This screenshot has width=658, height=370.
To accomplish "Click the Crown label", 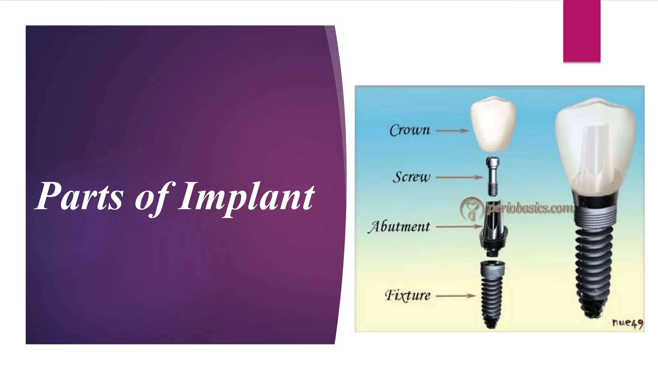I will (410, 130).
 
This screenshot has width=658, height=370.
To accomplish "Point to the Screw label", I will (412, 177).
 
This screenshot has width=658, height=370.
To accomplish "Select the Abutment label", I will (399, 227).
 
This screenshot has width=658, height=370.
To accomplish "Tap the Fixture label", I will (408, 295).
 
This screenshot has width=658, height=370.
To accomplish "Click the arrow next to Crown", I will (452, 131).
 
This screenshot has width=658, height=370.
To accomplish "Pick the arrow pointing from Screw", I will (459, 177).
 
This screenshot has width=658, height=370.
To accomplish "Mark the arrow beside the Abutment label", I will (459, 227).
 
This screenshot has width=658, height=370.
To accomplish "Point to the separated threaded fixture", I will (492, 292).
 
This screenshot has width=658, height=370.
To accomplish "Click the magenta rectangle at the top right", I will (582, 31).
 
